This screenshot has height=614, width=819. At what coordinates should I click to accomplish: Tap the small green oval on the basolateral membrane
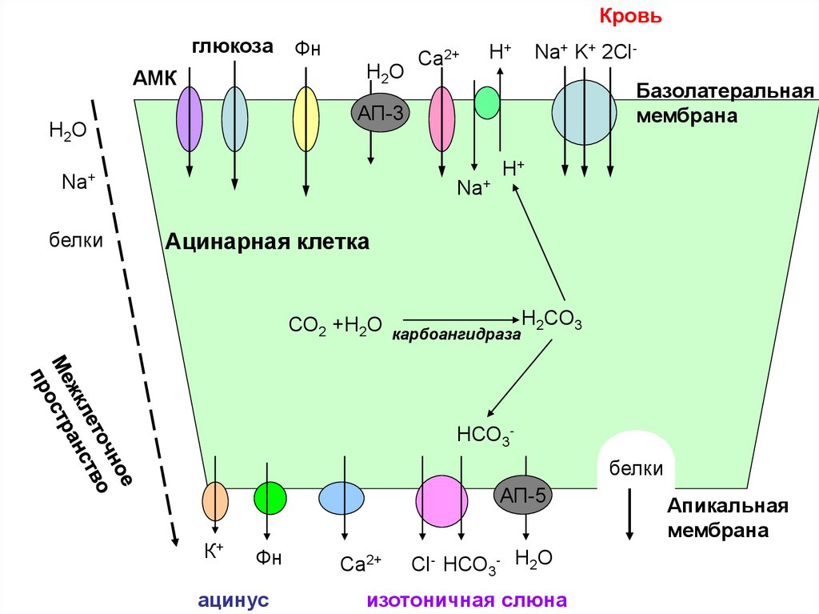[x=486, y=102]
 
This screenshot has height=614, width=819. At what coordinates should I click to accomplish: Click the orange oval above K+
[x=215, y=501]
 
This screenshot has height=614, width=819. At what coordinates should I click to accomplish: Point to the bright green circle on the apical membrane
[x=270, y=498]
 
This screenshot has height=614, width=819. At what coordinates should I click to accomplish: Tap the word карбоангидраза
[x=456, y=336]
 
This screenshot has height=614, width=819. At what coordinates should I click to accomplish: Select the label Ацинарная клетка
[x=267, y=241]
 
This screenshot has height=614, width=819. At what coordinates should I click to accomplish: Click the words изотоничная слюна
[x=467, y=600]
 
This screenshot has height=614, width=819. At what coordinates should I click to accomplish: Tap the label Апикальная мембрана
[x=728, y=517]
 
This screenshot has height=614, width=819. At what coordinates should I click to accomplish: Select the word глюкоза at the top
[x=232, y=46]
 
